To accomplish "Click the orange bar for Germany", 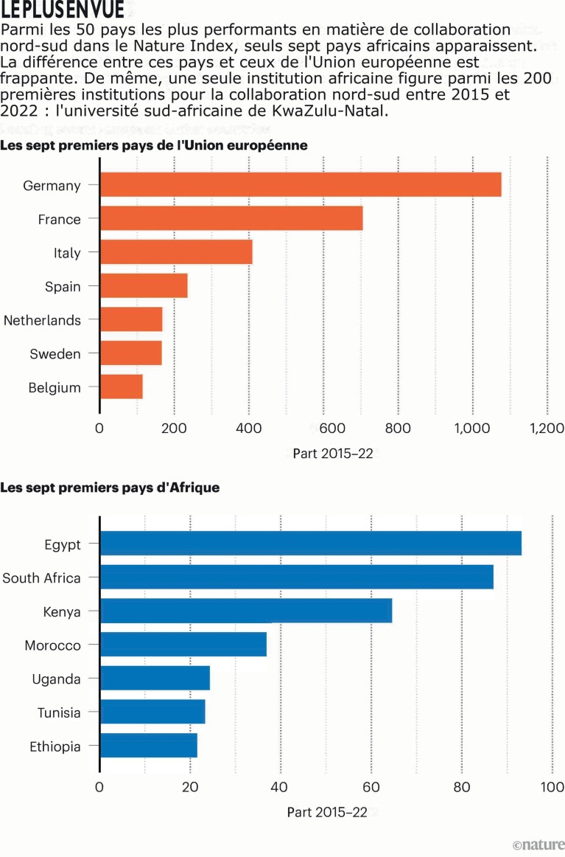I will pos(301,184).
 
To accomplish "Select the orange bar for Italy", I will pos(176,252).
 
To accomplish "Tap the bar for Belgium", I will pos(122,386).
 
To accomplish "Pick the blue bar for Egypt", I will pos(310,544).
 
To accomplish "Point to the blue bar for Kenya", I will pos(246,611).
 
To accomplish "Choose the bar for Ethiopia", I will pos(149,746).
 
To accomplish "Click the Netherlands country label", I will pos(42,320).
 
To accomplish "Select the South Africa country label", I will pos(41,577).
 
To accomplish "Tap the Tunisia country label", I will pos(59,712).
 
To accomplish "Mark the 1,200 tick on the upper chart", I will pos(546,429).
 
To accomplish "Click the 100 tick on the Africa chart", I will pos(552,787).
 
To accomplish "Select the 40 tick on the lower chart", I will pos(281,787).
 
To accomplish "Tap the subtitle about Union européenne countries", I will pos(154,145).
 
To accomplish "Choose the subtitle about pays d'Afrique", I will pos(110,488).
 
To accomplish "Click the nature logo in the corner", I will pos(538,845).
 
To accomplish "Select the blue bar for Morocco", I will pos(183,645).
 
